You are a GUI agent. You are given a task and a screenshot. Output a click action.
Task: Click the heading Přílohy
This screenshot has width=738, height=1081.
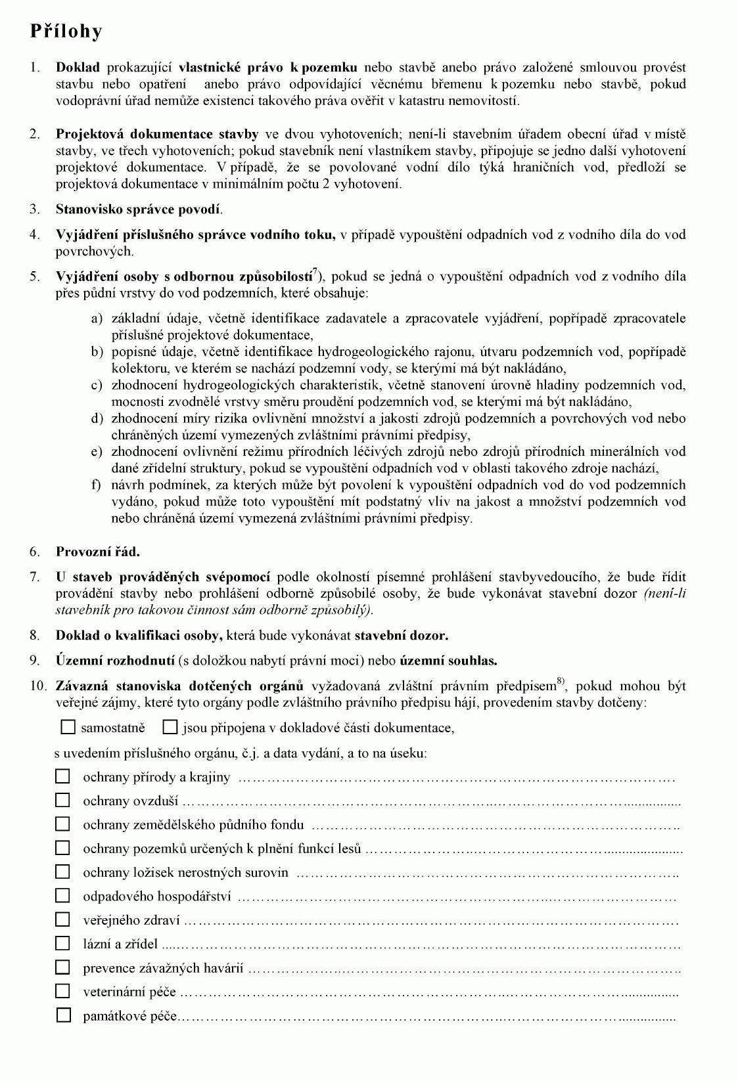(66, 31)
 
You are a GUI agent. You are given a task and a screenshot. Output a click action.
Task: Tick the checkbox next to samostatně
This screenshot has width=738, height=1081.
(68, 727)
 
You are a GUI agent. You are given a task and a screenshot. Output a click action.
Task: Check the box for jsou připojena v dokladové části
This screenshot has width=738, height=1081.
(170, 727)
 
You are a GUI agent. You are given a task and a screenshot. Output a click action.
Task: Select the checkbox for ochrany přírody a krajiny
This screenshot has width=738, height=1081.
(62, 777)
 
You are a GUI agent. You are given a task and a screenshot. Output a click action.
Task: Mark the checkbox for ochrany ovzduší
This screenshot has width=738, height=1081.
(62, 801)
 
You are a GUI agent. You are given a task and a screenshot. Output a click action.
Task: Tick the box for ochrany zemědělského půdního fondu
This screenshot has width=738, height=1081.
(62, 824)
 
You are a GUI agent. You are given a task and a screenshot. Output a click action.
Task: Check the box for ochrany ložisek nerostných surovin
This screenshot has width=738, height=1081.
(62, 872)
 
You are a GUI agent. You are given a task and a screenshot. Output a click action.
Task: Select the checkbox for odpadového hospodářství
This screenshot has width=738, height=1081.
(62, 896)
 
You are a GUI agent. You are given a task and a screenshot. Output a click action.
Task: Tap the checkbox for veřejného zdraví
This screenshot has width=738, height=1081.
(62, 920)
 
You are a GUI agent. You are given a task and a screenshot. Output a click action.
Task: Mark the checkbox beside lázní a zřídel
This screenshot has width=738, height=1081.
(62, 944)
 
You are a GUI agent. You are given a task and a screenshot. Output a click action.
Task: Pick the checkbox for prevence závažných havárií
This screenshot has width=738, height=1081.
(62, 967)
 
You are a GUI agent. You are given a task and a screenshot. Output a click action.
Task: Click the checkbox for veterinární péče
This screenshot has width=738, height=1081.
(62, 992)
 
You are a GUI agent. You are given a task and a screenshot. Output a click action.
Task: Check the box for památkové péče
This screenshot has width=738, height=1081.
(63, 1015)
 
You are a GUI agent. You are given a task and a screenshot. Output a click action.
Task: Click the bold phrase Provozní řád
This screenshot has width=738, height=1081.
(97, 552)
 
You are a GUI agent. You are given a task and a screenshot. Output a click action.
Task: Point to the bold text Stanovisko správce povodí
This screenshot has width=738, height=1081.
(139, 210)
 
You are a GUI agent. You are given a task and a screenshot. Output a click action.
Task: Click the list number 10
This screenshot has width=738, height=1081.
(38, 686)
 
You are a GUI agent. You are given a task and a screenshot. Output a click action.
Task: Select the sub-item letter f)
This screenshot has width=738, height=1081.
(97, 485)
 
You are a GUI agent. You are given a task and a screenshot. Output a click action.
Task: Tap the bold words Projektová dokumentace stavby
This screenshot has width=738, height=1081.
(157, 134)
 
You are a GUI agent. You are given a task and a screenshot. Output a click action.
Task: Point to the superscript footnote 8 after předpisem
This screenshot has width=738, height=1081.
(561, 681)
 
